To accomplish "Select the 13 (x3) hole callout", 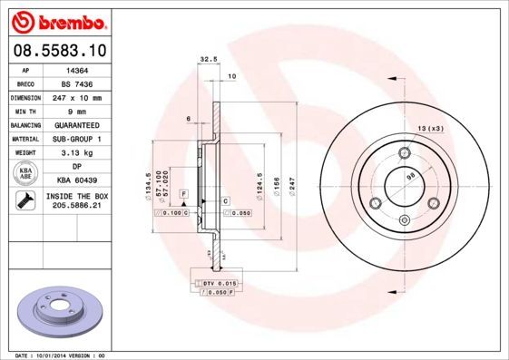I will click(x=430, y=129).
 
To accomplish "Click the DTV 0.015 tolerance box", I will click(x=219, y=284).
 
